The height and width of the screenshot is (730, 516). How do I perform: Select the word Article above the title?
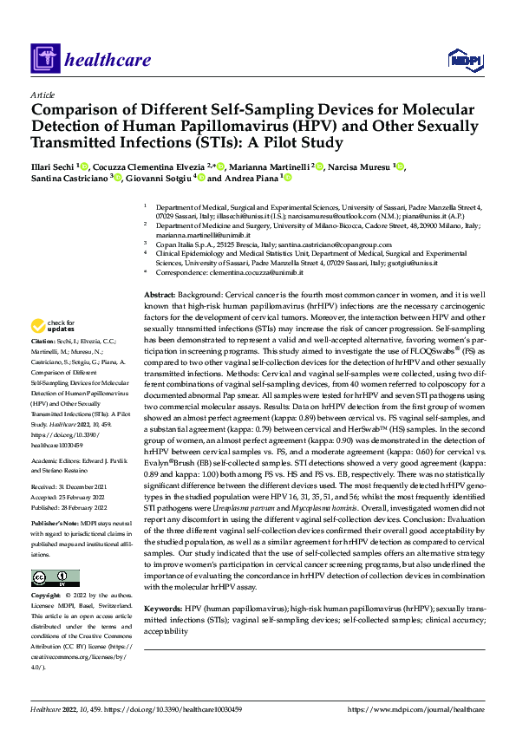[42, 94]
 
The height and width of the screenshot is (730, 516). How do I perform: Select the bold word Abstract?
[160, 296]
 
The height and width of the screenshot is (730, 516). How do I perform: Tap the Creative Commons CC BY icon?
[55, 578]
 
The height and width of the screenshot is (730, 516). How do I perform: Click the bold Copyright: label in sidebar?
[47, 597]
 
